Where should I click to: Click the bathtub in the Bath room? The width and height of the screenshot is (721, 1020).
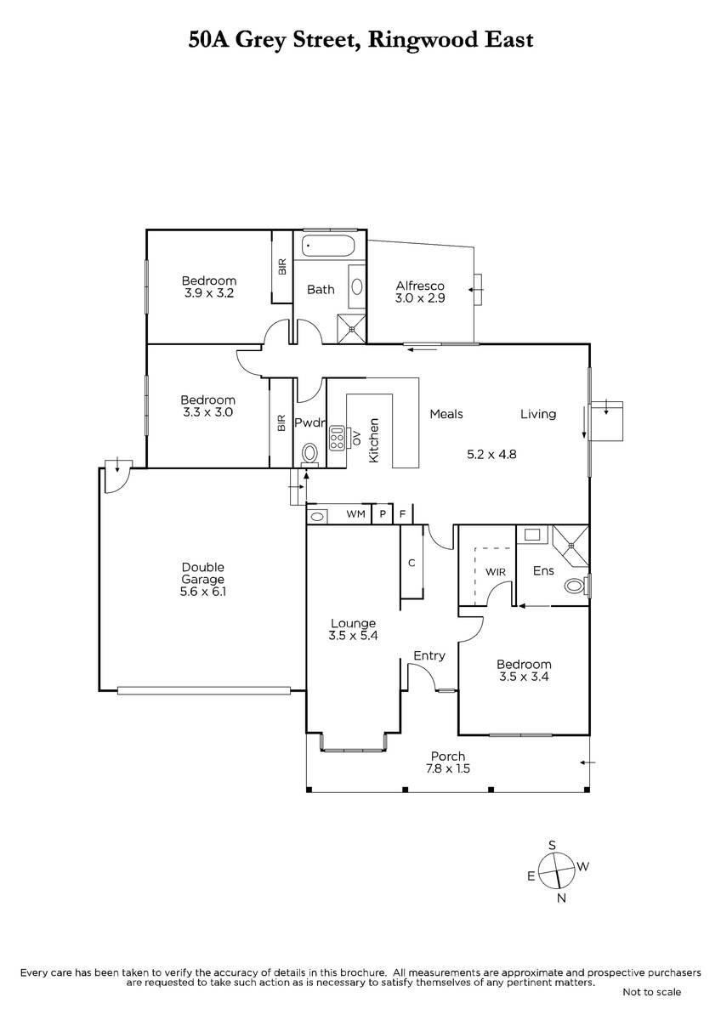pyautogui.click(x=327, y=246)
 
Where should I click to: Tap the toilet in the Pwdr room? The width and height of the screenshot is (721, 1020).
pyautogui.click(x=310, y=454)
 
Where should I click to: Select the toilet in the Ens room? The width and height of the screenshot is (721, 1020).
pyautogui.click(x=576, y=585)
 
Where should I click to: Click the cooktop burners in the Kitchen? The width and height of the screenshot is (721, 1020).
pyautogui.click(x=338, y=438)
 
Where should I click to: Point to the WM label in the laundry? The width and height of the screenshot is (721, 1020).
pyautogui.click(x=355, y=514)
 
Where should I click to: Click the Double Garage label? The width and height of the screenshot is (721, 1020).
pyautogui.click(x=202, y=573)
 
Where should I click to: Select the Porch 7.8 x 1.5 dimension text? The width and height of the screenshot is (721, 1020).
pyautogui.click(x=448, y=768)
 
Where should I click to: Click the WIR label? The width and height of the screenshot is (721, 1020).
pyautogui.click(x=495, y=572)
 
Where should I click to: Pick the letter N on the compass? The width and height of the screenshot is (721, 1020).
pyautogui.click(x=562, y=898)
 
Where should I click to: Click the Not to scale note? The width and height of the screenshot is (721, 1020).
pyautogui.click(x=652, y=992)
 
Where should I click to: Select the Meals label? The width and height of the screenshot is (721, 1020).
pyautogui.click(x=446, y=414)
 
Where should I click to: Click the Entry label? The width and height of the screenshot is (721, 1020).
pyautogui.click(x=429, y=656)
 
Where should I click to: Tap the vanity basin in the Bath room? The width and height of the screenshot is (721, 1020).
pyautogui.click(x=357, y=287)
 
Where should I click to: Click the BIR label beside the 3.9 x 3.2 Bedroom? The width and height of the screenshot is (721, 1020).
pyautogui.click(x=282, y=266)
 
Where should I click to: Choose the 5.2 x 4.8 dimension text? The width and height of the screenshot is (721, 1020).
pyautogui.click(x=491, y=454)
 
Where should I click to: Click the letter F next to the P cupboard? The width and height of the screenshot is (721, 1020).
pyautogui.click(x=402, y=514)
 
